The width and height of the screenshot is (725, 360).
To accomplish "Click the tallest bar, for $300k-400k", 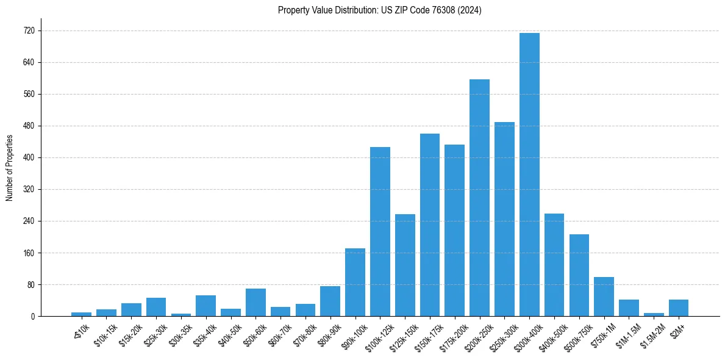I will point(529,175).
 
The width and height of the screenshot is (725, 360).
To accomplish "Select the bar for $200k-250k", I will point(479,198).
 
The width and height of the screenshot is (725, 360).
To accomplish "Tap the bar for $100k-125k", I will point(380,232).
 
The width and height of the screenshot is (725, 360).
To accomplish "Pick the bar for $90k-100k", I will point(355,283).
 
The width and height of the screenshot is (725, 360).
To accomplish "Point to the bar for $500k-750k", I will point(579,275).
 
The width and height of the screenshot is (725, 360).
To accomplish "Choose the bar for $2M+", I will point(679,308).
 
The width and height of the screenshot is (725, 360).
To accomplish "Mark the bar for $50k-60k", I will point(255,303).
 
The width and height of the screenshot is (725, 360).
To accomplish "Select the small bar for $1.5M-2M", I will point(654,314).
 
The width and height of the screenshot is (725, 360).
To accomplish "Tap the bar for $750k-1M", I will point(604,297).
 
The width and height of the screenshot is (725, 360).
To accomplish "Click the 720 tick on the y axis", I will point(29,31).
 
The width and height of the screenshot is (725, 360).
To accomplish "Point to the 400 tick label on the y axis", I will point(29,157).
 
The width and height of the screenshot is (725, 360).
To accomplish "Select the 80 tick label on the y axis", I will point(30,284).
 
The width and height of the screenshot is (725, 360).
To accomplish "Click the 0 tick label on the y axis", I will point(32,316).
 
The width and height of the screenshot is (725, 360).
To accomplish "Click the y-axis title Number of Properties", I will point(9,168).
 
